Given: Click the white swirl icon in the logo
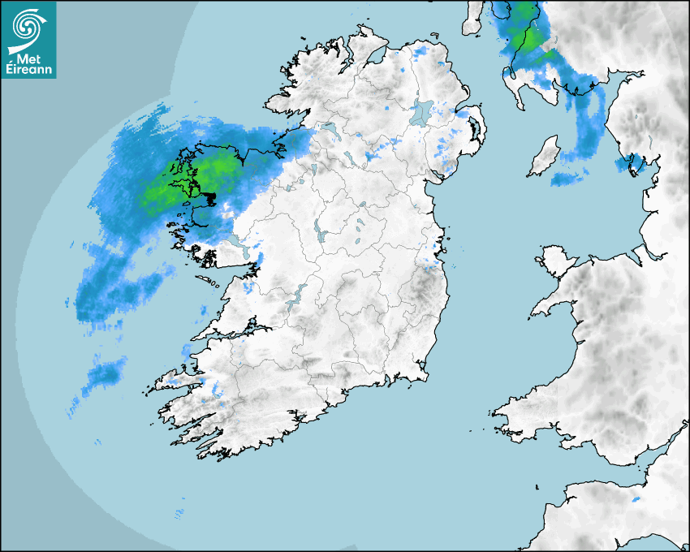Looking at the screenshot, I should [x=28, y=25].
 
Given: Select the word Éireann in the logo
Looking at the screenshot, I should [x=28, y=70].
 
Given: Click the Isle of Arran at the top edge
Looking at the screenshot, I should [x=472, y=18].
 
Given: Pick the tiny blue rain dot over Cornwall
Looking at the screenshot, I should [x=636, y=498].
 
